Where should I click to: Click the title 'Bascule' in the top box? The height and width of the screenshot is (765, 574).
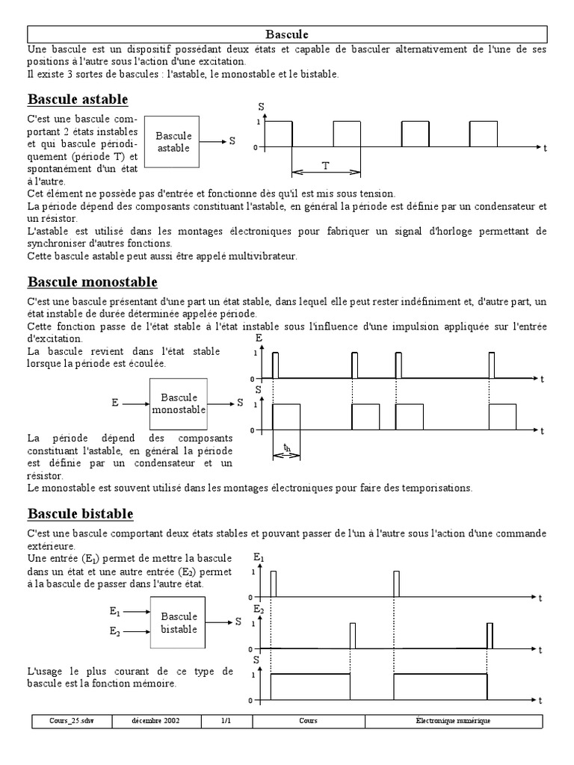[x=287, y=34]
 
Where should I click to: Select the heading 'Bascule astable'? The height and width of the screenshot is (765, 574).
[x=78, y=99]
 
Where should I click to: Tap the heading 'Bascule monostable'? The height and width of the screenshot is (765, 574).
[x=92, y=282]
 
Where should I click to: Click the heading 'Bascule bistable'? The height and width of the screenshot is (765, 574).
[x=80, y=514]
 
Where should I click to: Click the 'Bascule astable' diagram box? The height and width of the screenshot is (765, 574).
[x=173, y=141]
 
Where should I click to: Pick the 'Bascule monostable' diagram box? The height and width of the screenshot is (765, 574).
[x=178, y=404]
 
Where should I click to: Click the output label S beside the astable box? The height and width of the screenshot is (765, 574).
[x=232, y=141]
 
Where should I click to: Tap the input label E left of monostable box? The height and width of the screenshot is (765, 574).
[x=115, y=403]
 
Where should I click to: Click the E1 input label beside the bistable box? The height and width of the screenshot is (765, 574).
[x=115, y=611]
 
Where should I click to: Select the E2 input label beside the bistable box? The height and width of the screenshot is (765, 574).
[x=115, y=632]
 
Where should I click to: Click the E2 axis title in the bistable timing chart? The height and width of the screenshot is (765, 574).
[x=259, y=610]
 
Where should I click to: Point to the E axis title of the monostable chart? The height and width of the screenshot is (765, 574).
[x=259, y=338]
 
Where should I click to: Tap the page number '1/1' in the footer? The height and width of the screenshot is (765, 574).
[x=226, y=721]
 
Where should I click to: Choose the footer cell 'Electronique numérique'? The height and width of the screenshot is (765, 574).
[x=453, y=721]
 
